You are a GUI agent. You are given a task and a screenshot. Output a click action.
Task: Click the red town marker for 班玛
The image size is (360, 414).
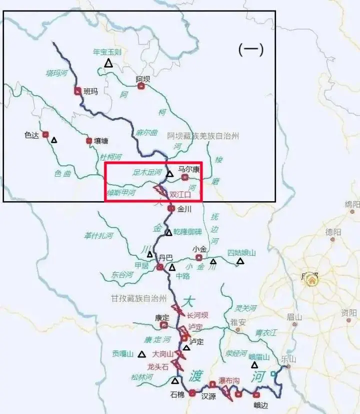77,91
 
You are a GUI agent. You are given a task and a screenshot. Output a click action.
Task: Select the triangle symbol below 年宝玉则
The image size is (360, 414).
108,63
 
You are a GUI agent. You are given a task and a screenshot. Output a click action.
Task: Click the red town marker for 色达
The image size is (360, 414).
45,134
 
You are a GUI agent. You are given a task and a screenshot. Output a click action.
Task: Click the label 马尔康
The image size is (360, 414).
189,170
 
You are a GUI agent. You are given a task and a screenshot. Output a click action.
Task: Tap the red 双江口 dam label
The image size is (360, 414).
180,194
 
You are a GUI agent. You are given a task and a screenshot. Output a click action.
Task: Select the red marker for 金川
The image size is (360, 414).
171,208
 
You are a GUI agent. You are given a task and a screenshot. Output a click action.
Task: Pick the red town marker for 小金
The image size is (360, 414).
199,257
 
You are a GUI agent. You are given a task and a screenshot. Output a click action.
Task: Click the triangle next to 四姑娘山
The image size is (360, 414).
240,261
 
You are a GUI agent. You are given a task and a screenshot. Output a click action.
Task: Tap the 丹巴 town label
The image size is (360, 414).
165,257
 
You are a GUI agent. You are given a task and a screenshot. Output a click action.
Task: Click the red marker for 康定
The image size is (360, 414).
163,325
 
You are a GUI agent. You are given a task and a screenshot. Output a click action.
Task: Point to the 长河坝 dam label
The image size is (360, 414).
197,315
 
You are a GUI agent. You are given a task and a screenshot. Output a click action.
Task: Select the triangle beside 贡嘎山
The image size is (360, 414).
142,354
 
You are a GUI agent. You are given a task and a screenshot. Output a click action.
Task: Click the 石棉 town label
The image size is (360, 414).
177,394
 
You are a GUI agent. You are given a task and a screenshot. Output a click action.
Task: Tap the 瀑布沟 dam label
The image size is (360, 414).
229,380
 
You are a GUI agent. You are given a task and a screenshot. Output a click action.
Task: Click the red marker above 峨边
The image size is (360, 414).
256,394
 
